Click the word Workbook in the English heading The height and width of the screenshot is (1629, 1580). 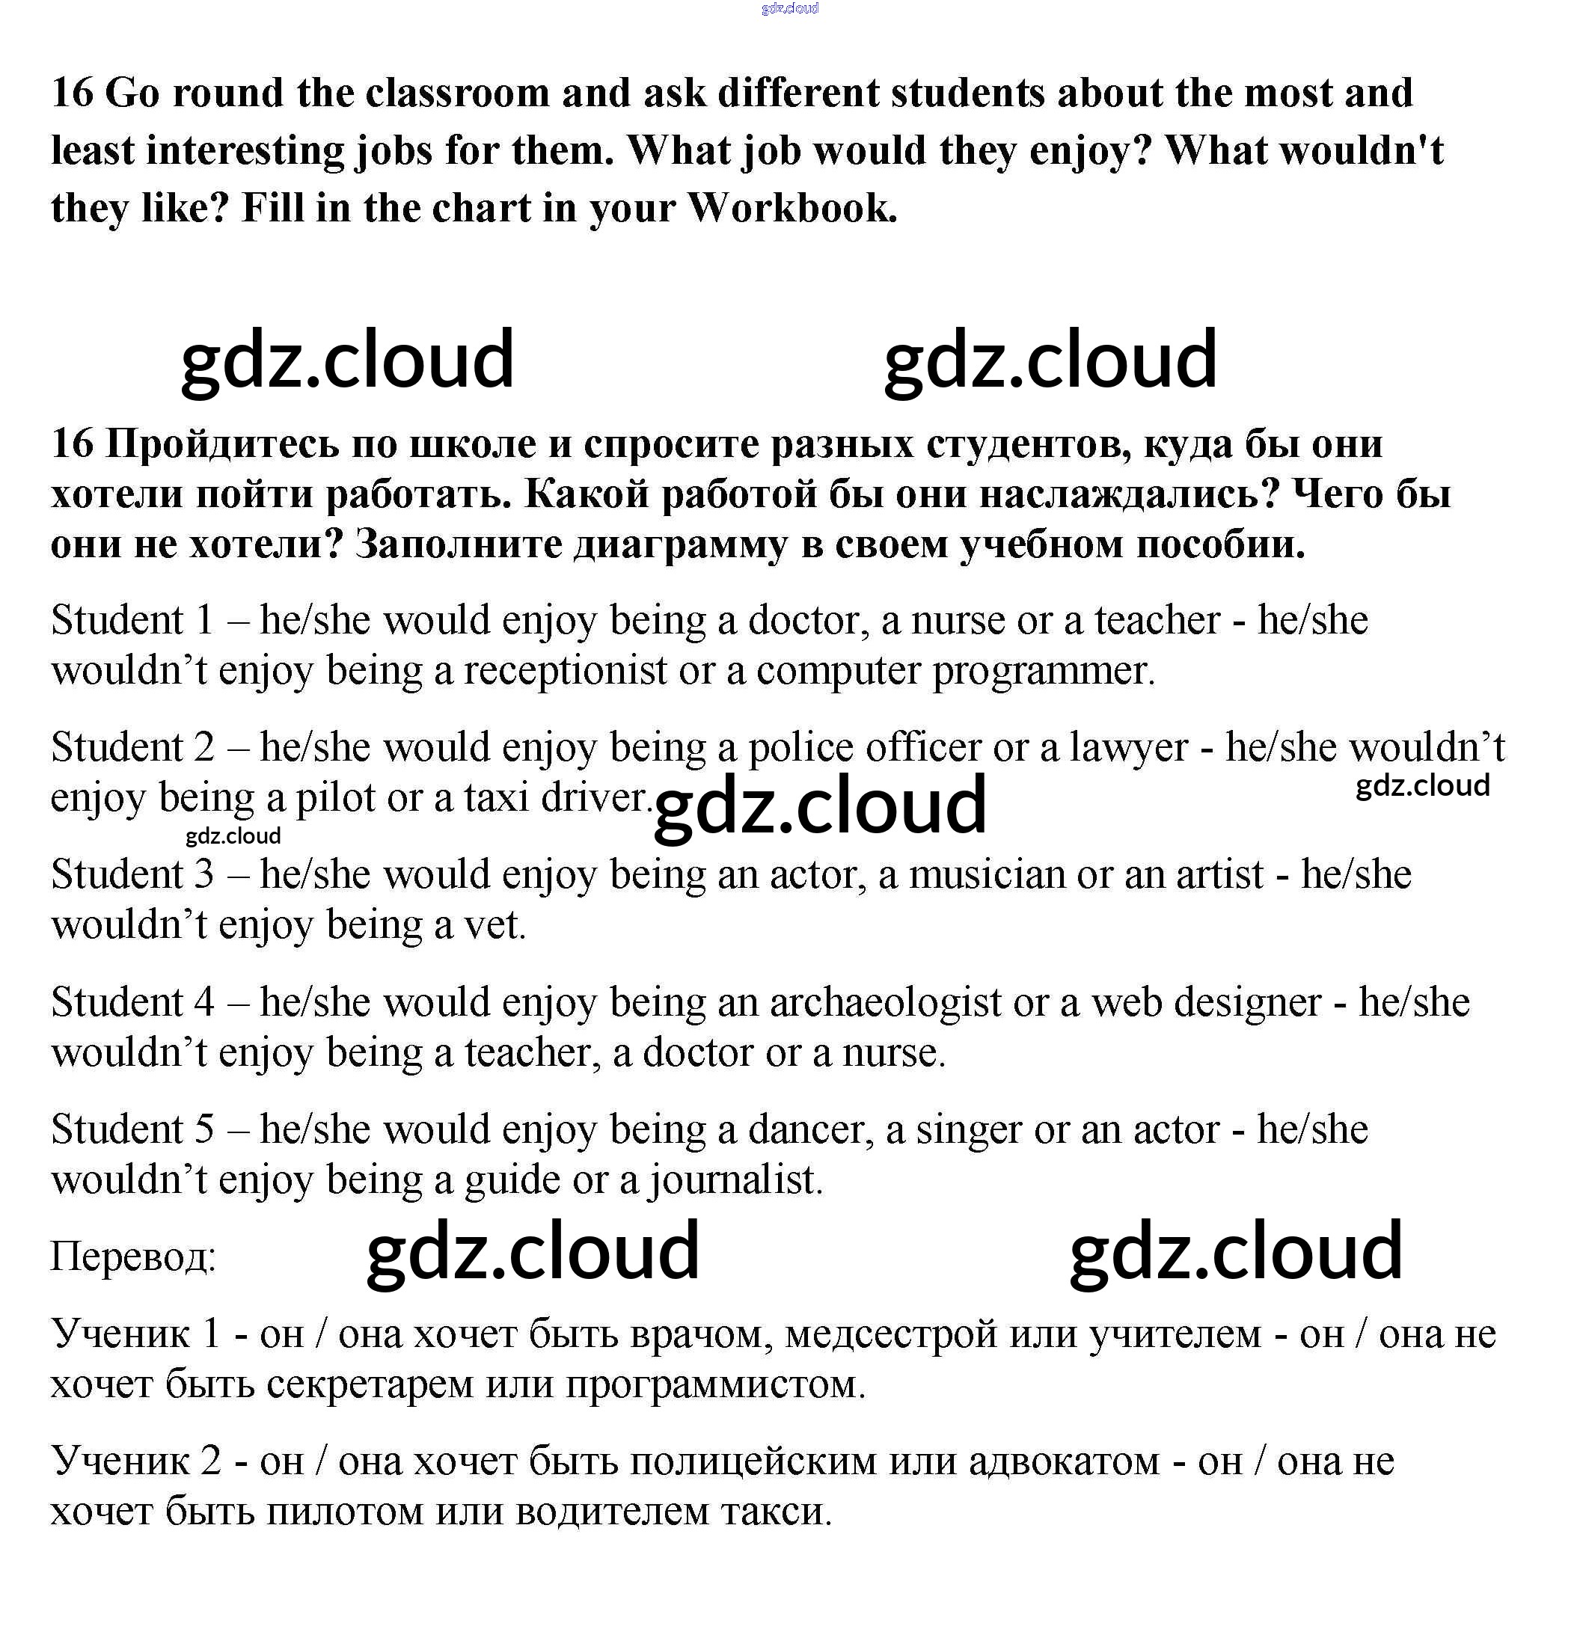[791, 208]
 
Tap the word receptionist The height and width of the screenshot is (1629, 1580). [565, 671]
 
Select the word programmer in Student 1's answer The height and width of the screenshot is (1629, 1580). [1043, 671]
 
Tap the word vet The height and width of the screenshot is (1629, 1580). [494, 925]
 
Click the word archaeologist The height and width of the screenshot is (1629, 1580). [885, 1002]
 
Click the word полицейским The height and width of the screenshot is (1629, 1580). [753, 1461]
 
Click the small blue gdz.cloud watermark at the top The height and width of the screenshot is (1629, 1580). [789, 8]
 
